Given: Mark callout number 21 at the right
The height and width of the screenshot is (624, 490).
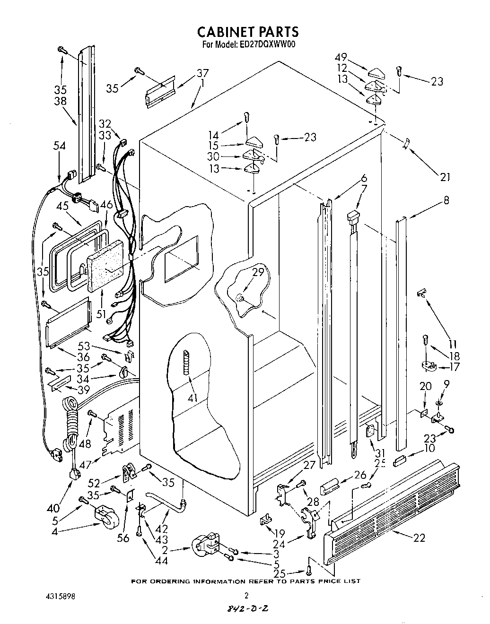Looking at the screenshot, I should point(445,177).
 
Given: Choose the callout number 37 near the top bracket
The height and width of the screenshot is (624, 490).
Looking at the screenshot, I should point(202,73).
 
